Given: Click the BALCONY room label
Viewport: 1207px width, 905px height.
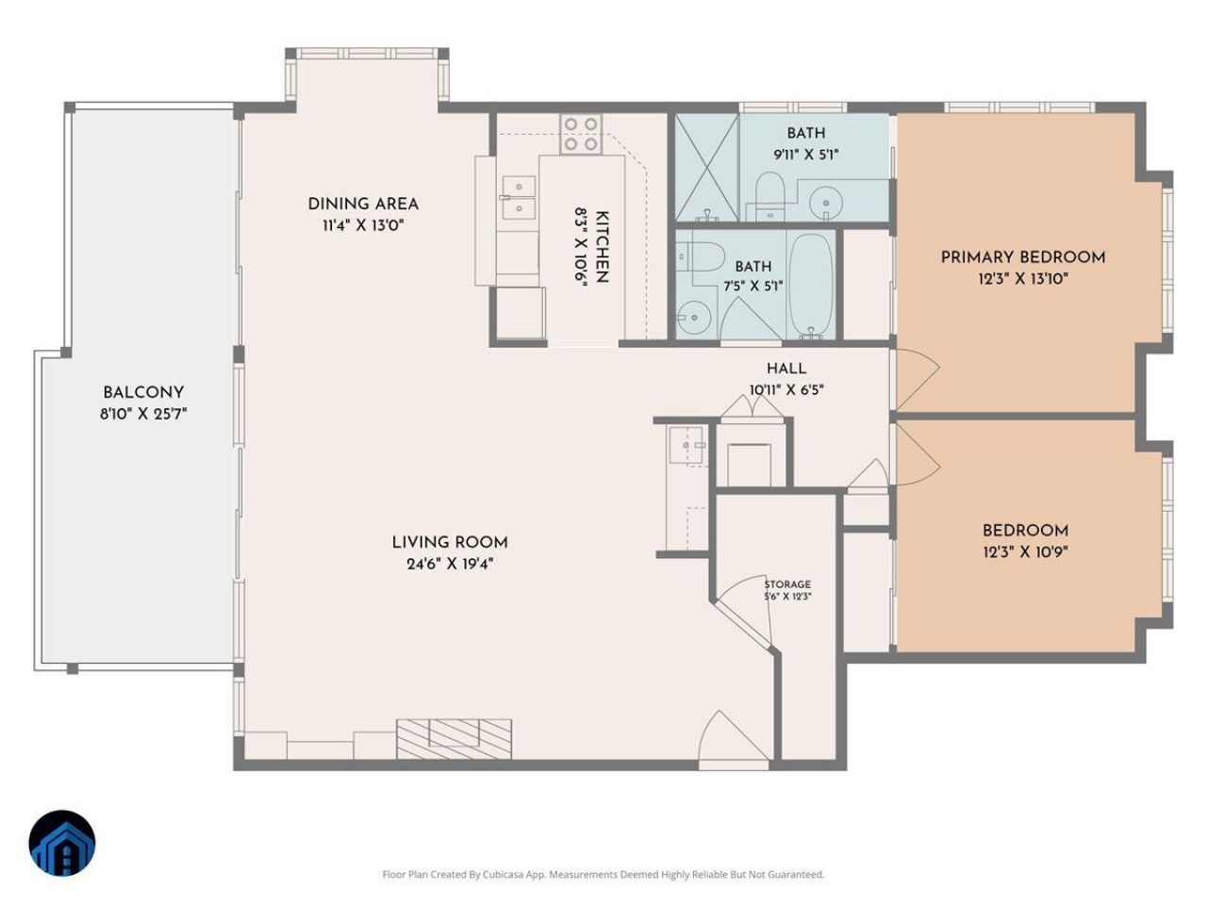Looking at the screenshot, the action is [143, 392].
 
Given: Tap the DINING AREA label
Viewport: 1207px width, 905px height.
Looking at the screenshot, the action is [363, 204].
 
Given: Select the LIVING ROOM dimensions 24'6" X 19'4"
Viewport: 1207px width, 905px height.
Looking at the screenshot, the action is [450, 565].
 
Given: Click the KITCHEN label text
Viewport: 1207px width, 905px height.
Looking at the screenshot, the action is [603, 247].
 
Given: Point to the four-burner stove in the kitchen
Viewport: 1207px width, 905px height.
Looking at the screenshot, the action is [581, 134].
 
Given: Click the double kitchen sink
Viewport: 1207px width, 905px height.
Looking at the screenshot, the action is [518, 197].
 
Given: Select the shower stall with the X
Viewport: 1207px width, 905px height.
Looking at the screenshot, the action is [706, 168].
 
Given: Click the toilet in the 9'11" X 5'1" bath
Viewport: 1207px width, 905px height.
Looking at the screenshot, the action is [769, 195].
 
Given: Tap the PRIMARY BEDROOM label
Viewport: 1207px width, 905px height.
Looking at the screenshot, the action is [1023, 257].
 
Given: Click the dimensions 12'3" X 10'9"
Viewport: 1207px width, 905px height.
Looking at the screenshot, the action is [1025, 551].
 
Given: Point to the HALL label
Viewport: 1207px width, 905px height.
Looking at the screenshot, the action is [786, 369].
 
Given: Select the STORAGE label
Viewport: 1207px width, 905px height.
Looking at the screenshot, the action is [787, 584].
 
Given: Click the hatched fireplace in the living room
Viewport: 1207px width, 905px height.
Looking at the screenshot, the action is [455, 739].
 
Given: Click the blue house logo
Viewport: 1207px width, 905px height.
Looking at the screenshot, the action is [62, 844].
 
